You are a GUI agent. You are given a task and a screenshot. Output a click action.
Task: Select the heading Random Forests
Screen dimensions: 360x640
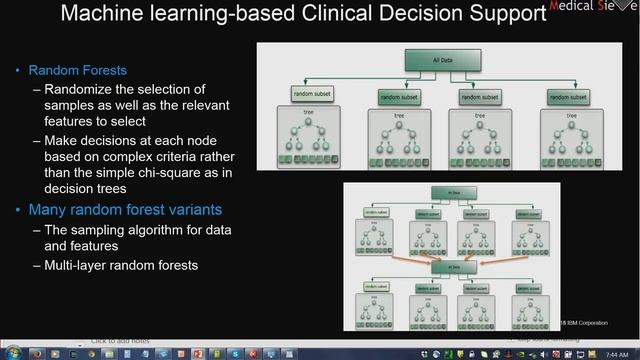(77, 71)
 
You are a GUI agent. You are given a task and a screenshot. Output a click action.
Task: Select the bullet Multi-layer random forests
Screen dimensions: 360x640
(128, 265)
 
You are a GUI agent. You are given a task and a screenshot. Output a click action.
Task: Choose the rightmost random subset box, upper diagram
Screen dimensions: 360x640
(577, 96)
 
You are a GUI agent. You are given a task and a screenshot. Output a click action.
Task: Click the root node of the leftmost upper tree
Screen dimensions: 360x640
(308, 127)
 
